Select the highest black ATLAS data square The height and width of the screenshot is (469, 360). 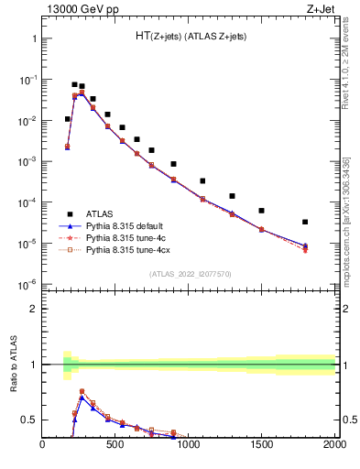point(74,84)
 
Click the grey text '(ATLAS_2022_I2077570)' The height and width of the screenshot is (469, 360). point(189,273)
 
